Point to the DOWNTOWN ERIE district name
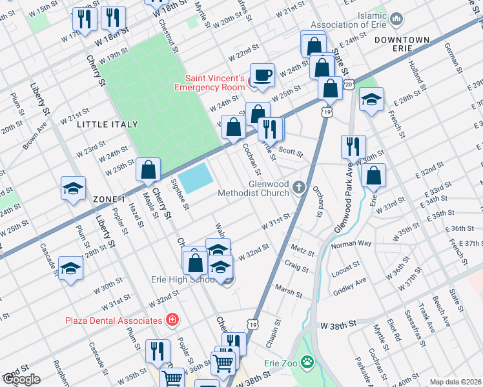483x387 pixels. tap(402, 45)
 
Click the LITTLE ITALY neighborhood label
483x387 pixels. tap(108, 124)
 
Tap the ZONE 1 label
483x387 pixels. tap(108, 199)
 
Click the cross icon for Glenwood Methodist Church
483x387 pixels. tap(299, 187)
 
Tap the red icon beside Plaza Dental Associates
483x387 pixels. tap(172, 320)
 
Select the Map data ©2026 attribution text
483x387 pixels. tap(456, 382)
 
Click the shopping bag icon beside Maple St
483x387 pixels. tap(149, 170)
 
